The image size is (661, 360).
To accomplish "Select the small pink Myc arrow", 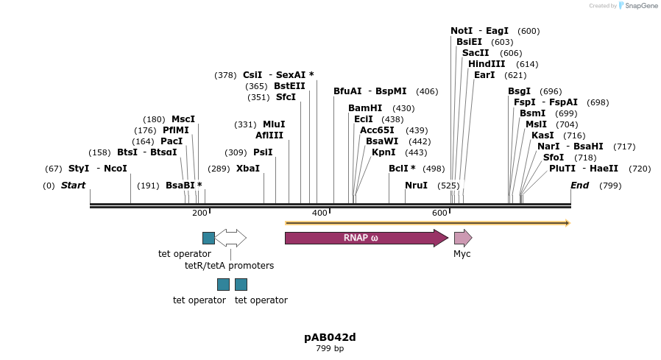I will tap(462, 238).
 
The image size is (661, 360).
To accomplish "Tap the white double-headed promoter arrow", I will tap(230, 238).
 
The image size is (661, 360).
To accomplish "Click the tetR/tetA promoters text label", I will tap(229, 265).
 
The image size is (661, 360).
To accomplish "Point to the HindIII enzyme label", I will tap(487, 64).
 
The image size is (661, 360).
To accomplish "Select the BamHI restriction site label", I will tap(365, 108).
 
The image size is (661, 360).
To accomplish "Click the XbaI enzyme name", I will tap(248, 169).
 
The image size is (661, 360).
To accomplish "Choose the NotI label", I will tap(462, 31).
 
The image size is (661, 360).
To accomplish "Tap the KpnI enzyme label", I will tap(383, 152).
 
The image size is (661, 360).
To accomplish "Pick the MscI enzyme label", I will tap(183, 119).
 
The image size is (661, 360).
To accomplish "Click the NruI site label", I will tap(416, 186).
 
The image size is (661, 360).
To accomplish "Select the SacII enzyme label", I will tap(476, 53).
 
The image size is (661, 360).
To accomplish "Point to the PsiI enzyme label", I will tap(263, 152).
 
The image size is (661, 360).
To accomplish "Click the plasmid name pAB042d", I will tap(330, 337).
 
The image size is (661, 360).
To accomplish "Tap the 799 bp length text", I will tap(330, 348).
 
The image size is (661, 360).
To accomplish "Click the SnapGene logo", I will tap(637, 6).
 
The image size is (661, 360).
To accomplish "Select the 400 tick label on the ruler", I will tap(319, 213).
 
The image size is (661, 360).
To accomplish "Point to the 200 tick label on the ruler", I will tap(199, 213).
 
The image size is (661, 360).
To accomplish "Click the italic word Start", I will tap(73, 186).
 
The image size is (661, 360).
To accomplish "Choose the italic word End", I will tap(580, 186).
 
